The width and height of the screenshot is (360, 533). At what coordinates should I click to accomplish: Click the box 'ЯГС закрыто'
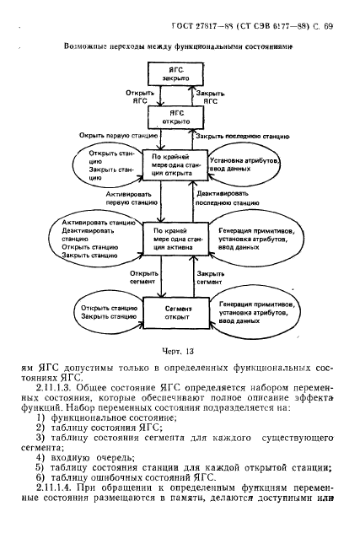[x=176, y=73]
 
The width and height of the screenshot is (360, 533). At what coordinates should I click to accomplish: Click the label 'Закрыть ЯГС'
[x=210, y=94]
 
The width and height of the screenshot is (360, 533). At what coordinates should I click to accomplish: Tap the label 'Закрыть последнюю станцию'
[x=244, y=135]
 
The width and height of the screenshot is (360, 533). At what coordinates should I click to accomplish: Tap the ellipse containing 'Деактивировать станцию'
[x=93, y=240]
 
